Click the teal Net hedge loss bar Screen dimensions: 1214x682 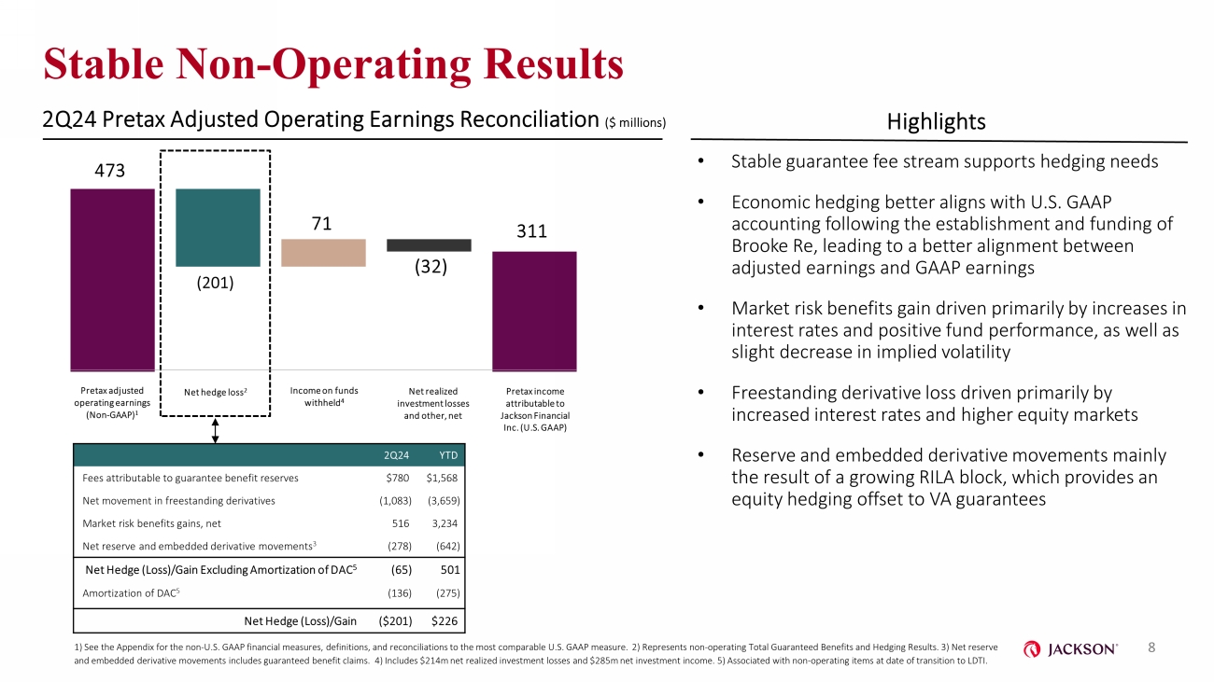pyautogui.click(x=218, y=228)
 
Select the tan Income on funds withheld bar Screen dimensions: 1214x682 pyautogui.click(x=323, y=253)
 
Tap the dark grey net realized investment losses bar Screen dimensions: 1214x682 pyautogui.click(x=429, y=245)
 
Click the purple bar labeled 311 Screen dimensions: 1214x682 pyautogui.click(x=534, y=312)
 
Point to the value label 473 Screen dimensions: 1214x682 pyautogui.click(x=109, y=171)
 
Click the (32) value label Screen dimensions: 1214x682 pyautogui.click(x=431, y=267)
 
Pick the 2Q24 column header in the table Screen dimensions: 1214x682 pyautogui.click(x=396, y=455)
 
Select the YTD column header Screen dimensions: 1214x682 pyautogui.click(x=448, y=455)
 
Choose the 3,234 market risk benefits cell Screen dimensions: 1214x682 pyautogui.click(x=445, y=523)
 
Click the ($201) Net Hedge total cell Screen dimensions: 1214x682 pyautogui.click(x=395, y=620)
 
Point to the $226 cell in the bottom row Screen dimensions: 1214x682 pyautogui.click(x=445, y=620)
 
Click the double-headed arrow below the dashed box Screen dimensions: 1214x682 pyautogui.click(x=215, y=431)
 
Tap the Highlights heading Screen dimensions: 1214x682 pyautogui.click(x=936, y=122)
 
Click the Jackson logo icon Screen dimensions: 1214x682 pyautogui.click(x=1032, y=649)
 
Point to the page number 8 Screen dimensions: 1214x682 pyautogui.click(x=1151, y=647)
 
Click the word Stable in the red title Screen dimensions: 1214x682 pyautogui.click(x=103, y=63)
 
